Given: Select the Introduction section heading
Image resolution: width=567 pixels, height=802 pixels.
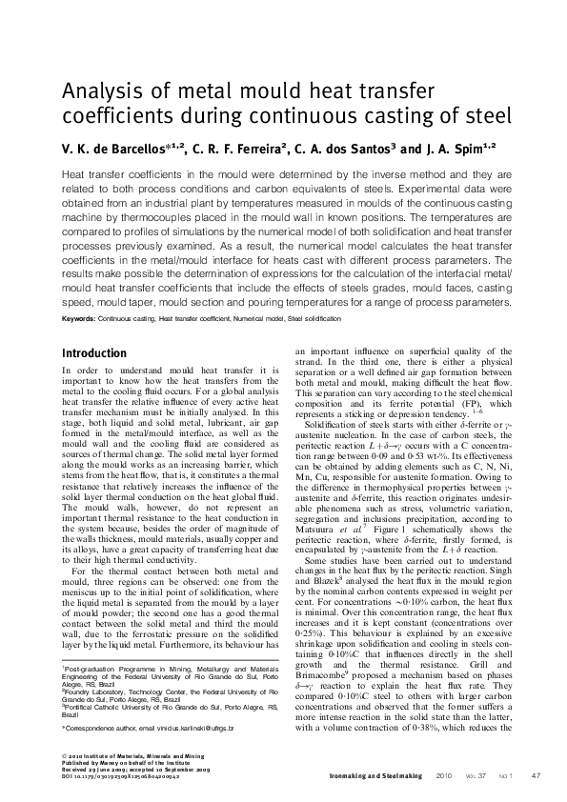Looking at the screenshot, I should point(93,353).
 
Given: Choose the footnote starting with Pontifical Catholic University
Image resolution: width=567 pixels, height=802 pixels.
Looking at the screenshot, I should point(162,710).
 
